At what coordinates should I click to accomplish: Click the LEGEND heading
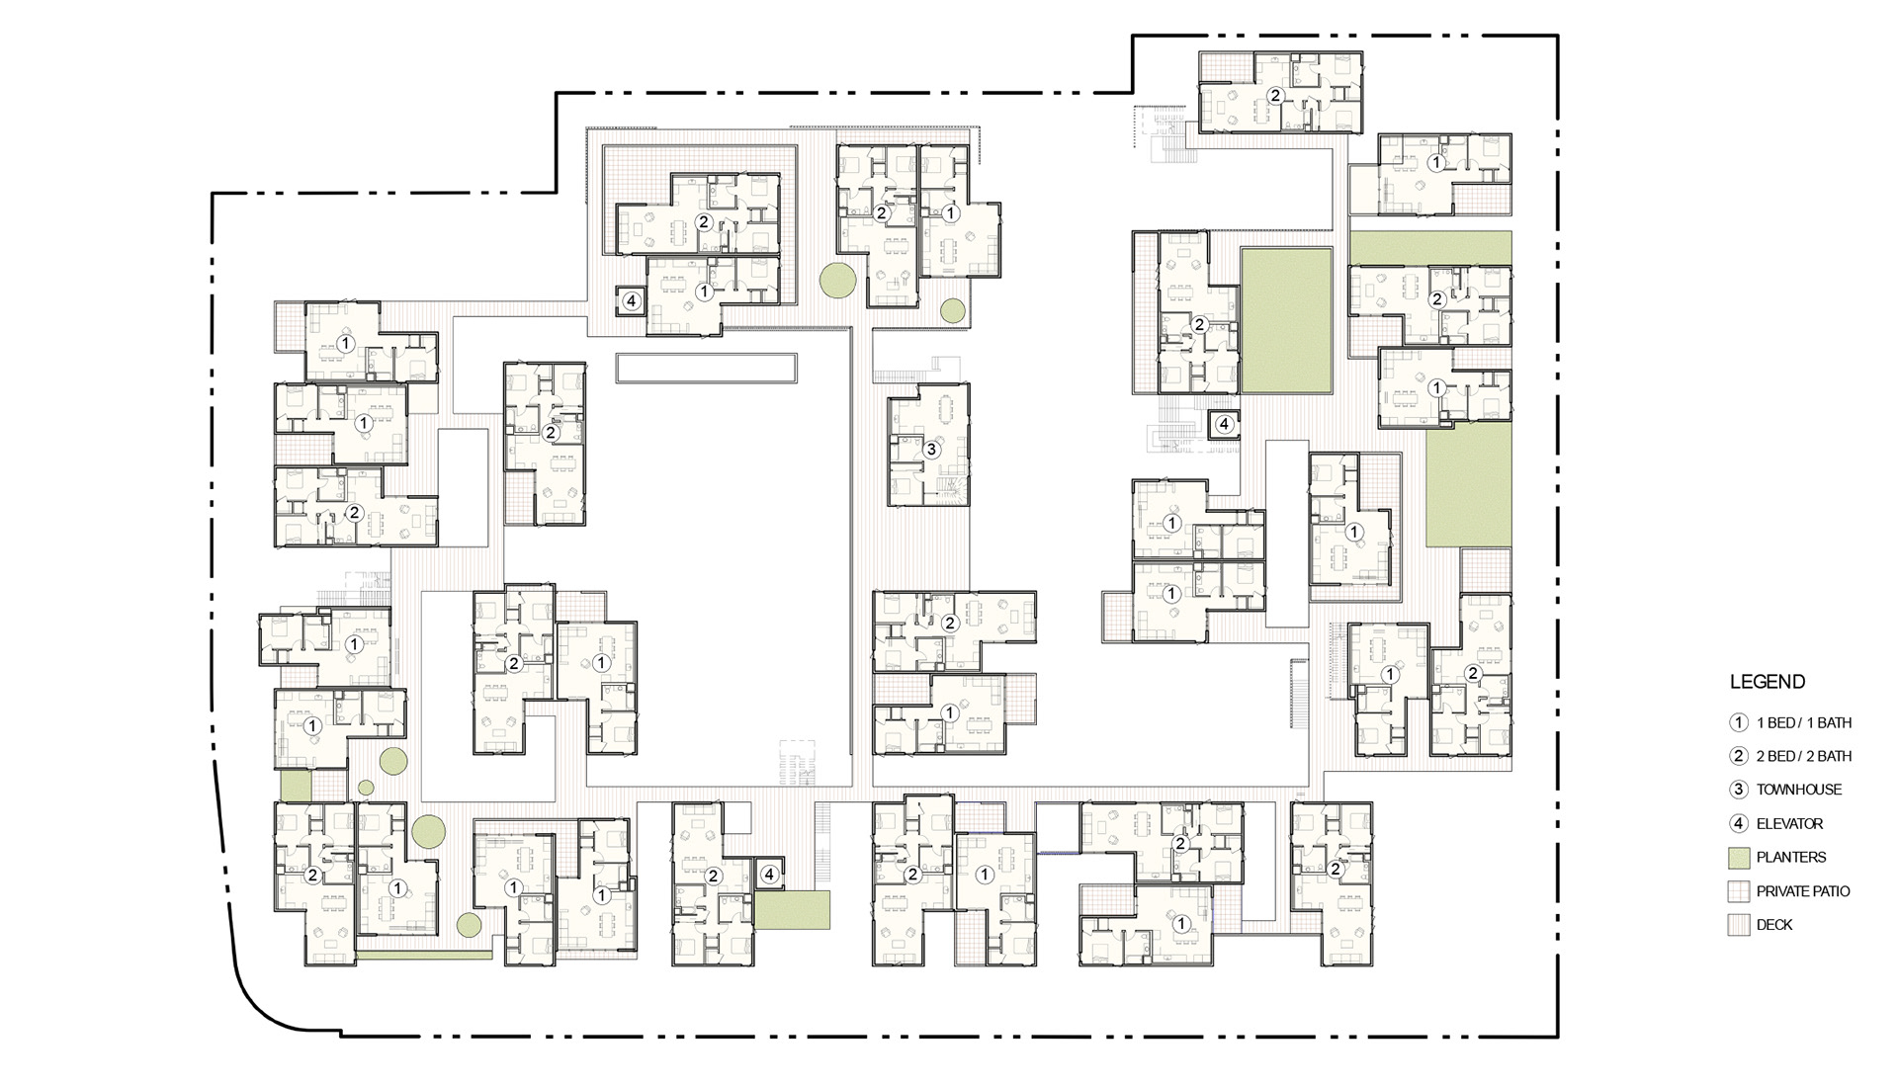click(1768, 682)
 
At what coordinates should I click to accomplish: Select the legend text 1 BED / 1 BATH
click(1804, 722)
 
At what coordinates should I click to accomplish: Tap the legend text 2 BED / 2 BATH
click(1804, 756)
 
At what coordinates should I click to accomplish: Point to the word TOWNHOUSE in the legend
click(1799, 790)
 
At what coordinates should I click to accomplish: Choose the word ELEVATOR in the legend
click(1790, 823)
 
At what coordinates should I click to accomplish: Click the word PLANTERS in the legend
click(1791, 857)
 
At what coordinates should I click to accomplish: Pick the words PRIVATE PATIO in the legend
click(1803, 891)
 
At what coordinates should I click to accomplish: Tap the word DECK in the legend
click(1774, 925)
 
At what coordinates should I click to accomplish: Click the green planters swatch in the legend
click(1739, 858)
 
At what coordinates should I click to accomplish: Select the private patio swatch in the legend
click(1739, 891)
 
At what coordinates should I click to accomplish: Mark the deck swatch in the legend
click(1739, 925)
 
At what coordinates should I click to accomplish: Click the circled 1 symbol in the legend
click(1739, 722)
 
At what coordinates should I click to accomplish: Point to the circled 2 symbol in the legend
click(1739, 756)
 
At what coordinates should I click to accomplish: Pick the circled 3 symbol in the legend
click(1739, 790)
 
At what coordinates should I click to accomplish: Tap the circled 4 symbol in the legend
click(1739, 823)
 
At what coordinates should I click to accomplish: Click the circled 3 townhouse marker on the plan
click(930, 450)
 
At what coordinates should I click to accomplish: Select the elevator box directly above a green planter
click(769, 874)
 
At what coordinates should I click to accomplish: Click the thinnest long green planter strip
click(424, 956)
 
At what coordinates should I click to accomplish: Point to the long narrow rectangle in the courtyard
click(706, 368)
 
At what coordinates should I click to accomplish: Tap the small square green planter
click(296, 787)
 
